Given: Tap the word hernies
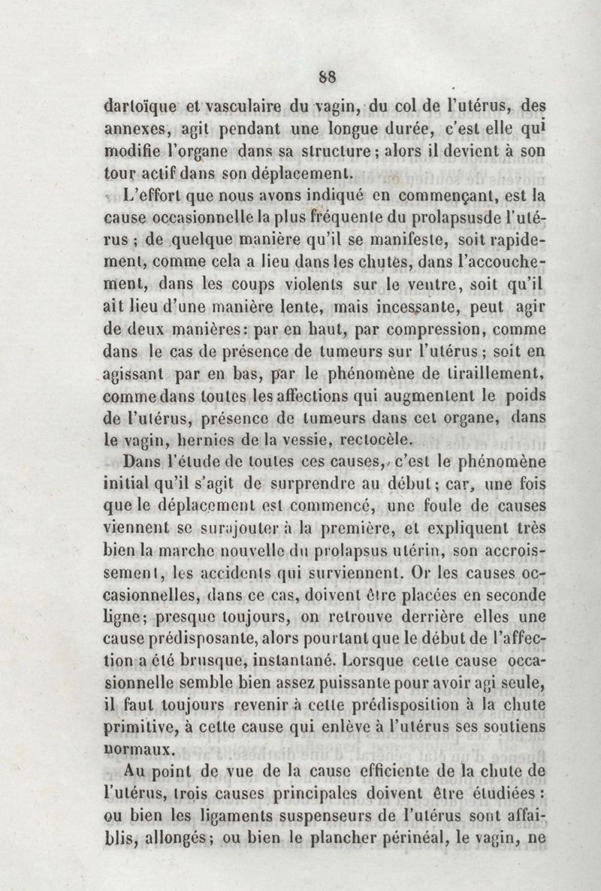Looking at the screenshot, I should (218, 439).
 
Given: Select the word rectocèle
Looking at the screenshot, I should (374, 439).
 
